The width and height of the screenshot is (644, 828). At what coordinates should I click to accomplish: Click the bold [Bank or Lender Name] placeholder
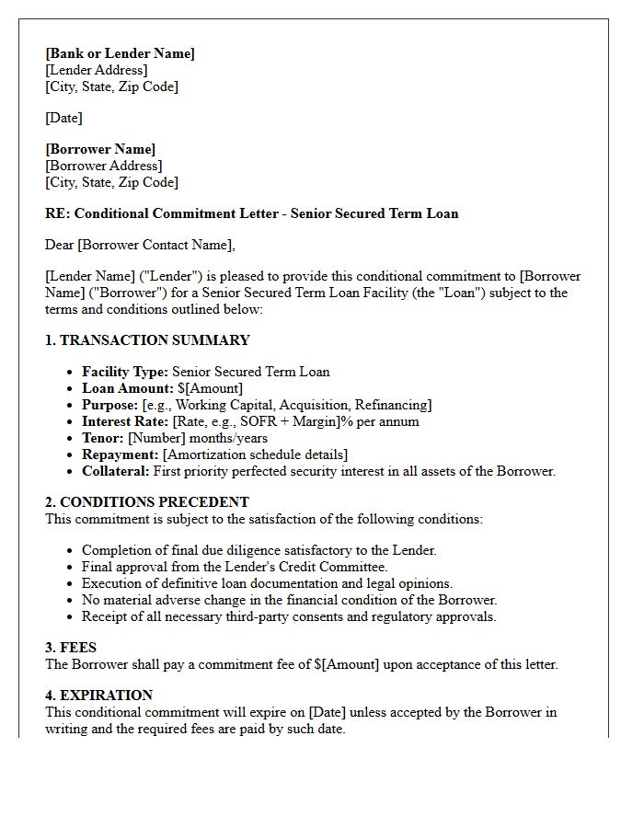click(120, 53)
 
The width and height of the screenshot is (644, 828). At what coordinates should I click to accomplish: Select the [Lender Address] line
click(96, 70)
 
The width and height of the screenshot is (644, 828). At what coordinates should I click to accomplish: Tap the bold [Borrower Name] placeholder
click(100, 149)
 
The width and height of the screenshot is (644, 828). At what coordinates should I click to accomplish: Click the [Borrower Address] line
click(103, 166)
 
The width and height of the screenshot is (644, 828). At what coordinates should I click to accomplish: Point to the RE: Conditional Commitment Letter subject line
click(251, 213)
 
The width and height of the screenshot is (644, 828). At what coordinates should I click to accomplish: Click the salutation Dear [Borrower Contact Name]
click(140, 245)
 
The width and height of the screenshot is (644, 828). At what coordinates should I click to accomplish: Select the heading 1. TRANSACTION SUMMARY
click(147, 340)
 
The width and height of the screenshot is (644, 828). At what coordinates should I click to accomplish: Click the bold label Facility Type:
click(125, 372)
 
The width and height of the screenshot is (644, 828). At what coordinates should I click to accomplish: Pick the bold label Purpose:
click(110, 405)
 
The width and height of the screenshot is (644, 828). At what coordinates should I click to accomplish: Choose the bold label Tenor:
click(103, 438)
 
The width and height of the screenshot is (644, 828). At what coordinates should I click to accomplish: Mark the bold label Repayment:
click(121, 454)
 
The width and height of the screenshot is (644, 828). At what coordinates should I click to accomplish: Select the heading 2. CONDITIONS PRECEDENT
click(147, 502)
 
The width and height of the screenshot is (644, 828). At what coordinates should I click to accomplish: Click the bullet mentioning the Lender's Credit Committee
click(235, 567)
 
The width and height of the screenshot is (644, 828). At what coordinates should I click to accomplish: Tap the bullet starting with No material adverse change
click(289, 600)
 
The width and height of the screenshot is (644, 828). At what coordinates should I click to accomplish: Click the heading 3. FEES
click(71, 648)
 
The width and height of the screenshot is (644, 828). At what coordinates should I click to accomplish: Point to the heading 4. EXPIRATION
click(98, 696)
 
